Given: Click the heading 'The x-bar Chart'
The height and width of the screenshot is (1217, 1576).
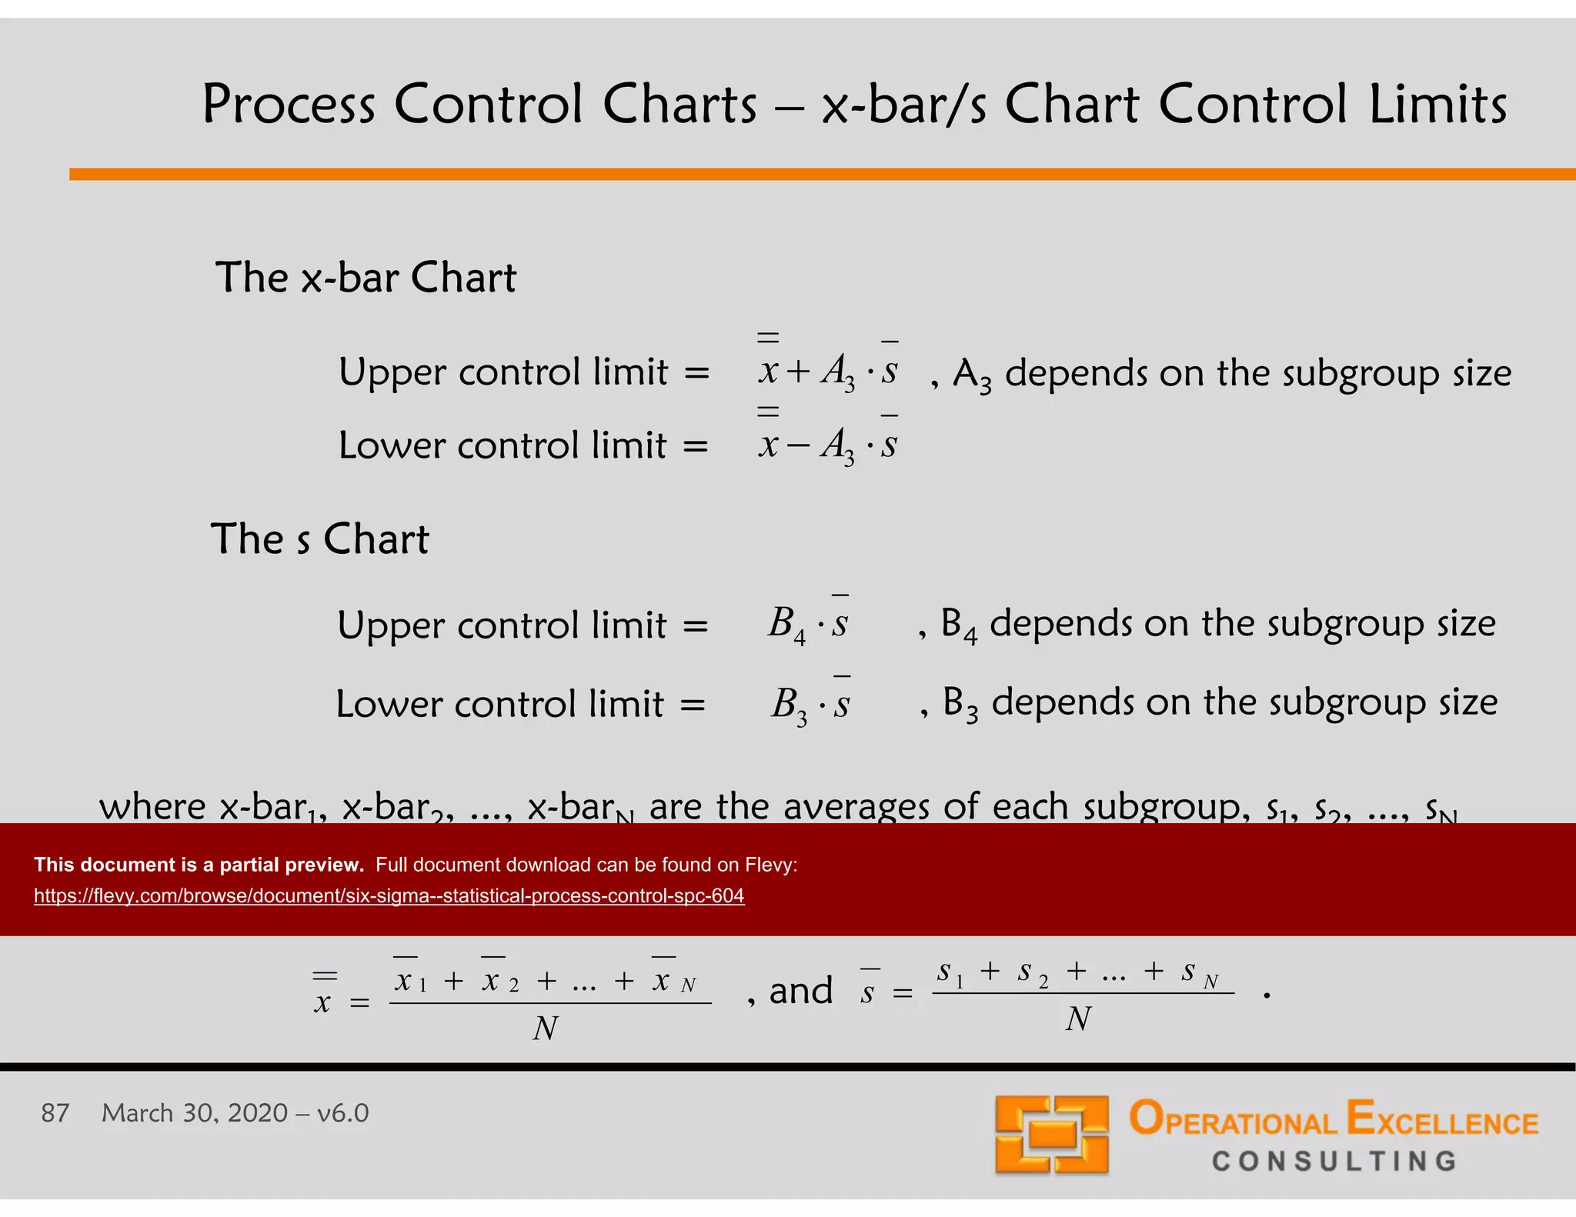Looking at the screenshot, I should (x=366, y=278).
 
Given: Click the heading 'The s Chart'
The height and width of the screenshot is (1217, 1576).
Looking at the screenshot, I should (x=319, y=538).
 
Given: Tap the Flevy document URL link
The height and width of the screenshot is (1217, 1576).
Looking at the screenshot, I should (x=389, y=896).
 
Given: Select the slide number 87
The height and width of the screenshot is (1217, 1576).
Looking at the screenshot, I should (x=55, y=1113).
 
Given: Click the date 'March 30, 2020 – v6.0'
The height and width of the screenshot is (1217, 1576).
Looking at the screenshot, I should (x=235, y=1113).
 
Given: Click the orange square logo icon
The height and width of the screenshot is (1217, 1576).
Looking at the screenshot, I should (x=1051, y=1135).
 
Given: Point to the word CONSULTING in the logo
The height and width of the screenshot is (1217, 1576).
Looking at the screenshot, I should (x=1334, y=1162).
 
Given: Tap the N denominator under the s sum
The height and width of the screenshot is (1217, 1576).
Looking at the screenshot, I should (x=1078, y=1019).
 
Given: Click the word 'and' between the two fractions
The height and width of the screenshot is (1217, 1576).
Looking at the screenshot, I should (x=801, y=991).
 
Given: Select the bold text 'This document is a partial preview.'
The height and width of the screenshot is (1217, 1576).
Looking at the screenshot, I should (x=199, y=865).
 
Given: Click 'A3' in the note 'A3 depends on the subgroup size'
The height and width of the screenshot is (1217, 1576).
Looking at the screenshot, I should (x=972, y=375).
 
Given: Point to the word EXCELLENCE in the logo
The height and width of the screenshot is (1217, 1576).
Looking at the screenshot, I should (x=1442, y=1119).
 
